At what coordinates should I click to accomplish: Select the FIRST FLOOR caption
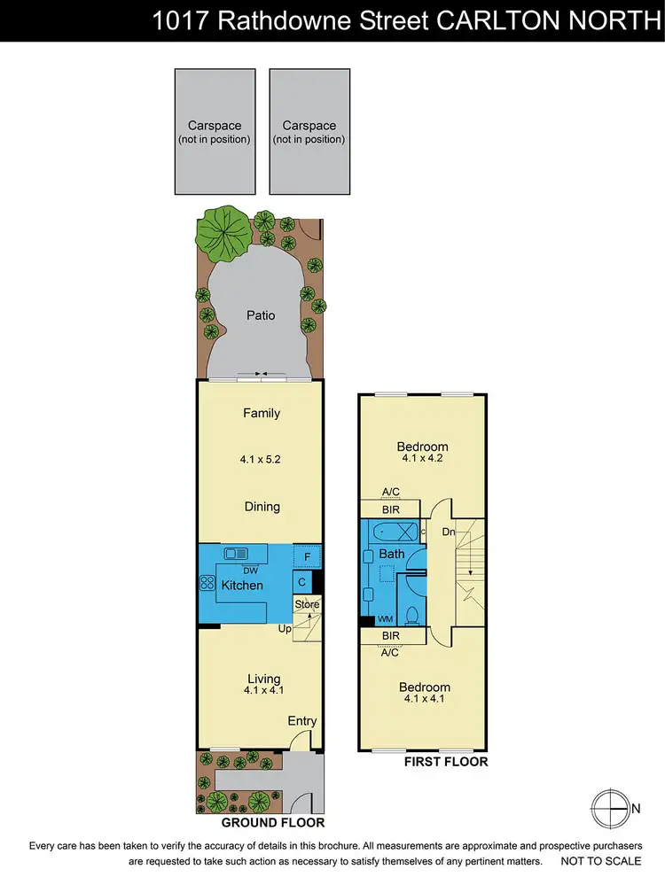(446, 762)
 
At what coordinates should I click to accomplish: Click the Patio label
(261, 315)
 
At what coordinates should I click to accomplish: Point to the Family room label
(262, 413)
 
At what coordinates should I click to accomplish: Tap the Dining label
(262, 507)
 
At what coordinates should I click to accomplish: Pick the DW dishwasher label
(238, 571)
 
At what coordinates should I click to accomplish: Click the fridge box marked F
(307, 555)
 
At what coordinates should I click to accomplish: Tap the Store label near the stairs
(307, 605)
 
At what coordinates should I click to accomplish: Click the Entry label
(301, 721)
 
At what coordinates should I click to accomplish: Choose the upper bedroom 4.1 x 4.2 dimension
(422, 459)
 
